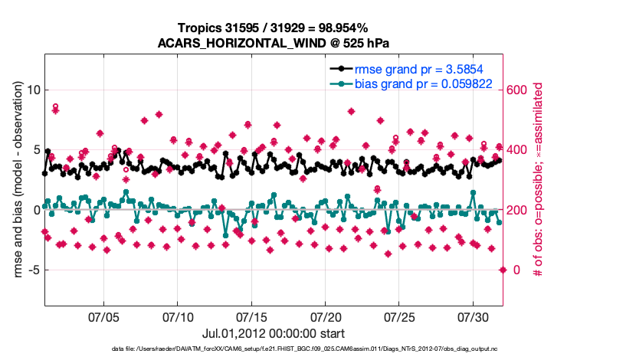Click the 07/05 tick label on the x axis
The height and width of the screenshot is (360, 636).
click(103, 316)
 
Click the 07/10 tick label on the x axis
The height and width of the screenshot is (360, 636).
click(178, 316)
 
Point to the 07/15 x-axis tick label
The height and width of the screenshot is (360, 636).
click(251, 316)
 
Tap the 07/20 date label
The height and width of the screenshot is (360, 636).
click(326, 316)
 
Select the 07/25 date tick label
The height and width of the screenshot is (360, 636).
click(399, 316)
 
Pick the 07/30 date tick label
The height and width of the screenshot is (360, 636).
click(474, 316)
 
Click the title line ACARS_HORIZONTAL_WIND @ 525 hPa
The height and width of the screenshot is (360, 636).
click(274, 42)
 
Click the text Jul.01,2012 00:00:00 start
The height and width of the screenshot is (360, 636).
click(273, 334)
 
